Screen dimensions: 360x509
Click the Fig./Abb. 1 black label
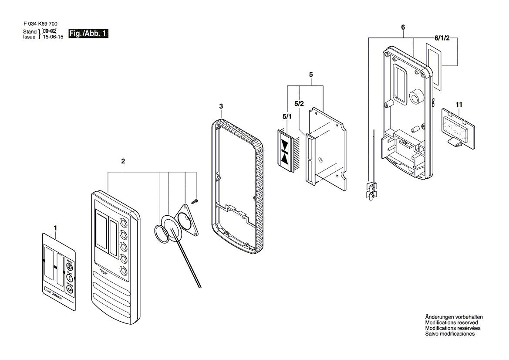(88, 34)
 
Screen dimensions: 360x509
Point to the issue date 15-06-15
(52, 37)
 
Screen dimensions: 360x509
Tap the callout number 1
(55, 228)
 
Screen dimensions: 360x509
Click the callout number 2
(123, 161)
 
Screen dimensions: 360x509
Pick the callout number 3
(221, 106)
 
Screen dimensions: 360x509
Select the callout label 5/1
(287, 117)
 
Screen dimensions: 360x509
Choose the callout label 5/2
(299, 104)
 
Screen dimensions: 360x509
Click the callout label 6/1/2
(442, 38)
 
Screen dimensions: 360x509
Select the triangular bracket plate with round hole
(186, 220)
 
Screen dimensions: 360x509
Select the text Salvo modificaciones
(450, 334)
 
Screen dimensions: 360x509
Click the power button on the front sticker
(69, 265)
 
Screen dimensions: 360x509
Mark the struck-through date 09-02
(49, 31)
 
